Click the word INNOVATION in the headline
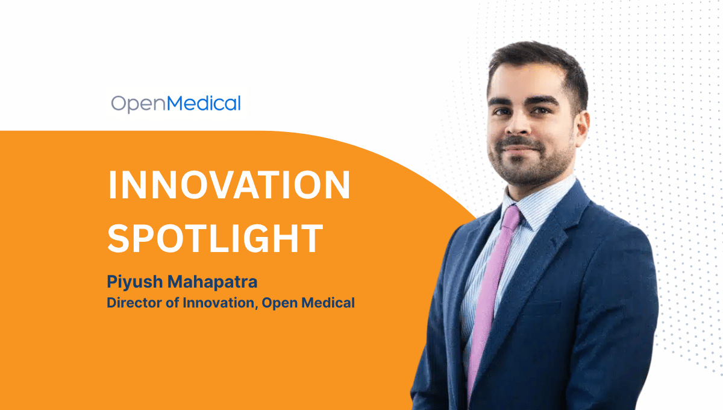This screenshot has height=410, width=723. (229, 185)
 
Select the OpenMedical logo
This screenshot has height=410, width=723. (175, 103)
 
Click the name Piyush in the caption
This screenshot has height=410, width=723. (129, 282)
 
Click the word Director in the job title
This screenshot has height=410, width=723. (130, 303)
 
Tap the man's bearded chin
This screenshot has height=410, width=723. (524, 175)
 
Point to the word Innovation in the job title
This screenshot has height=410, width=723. (222, 303)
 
